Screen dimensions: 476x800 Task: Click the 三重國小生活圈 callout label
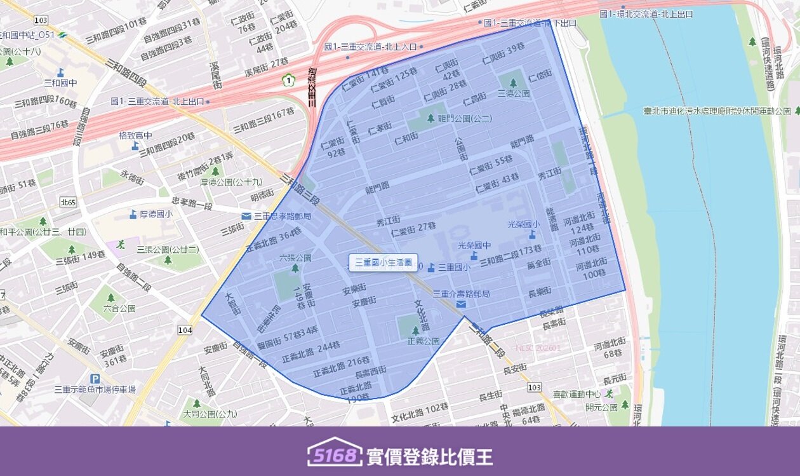383,262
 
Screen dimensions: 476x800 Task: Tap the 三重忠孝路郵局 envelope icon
246,216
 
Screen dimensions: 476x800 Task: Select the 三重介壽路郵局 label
461,294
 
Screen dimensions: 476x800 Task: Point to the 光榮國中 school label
474,245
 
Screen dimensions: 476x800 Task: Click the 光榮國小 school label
523,224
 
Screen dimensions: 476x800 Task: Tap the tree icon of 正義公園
415,330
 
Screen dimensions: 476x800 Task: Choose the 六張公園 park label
295,258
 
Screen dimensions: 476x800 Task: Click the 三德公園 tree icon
513,83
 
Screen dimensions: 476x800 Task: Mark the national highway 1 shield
289,80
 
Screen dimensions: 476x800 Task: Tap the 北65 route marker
68,202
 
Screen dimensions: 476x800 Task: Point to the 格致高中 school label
135,135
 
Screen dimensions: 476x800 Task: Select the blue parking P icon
95,378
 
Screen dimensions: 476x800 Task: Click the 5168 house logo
335,452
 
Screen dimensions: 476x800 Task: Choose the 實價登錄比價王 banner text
429,456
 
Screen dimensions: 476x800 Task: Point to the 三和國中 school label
60,83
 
